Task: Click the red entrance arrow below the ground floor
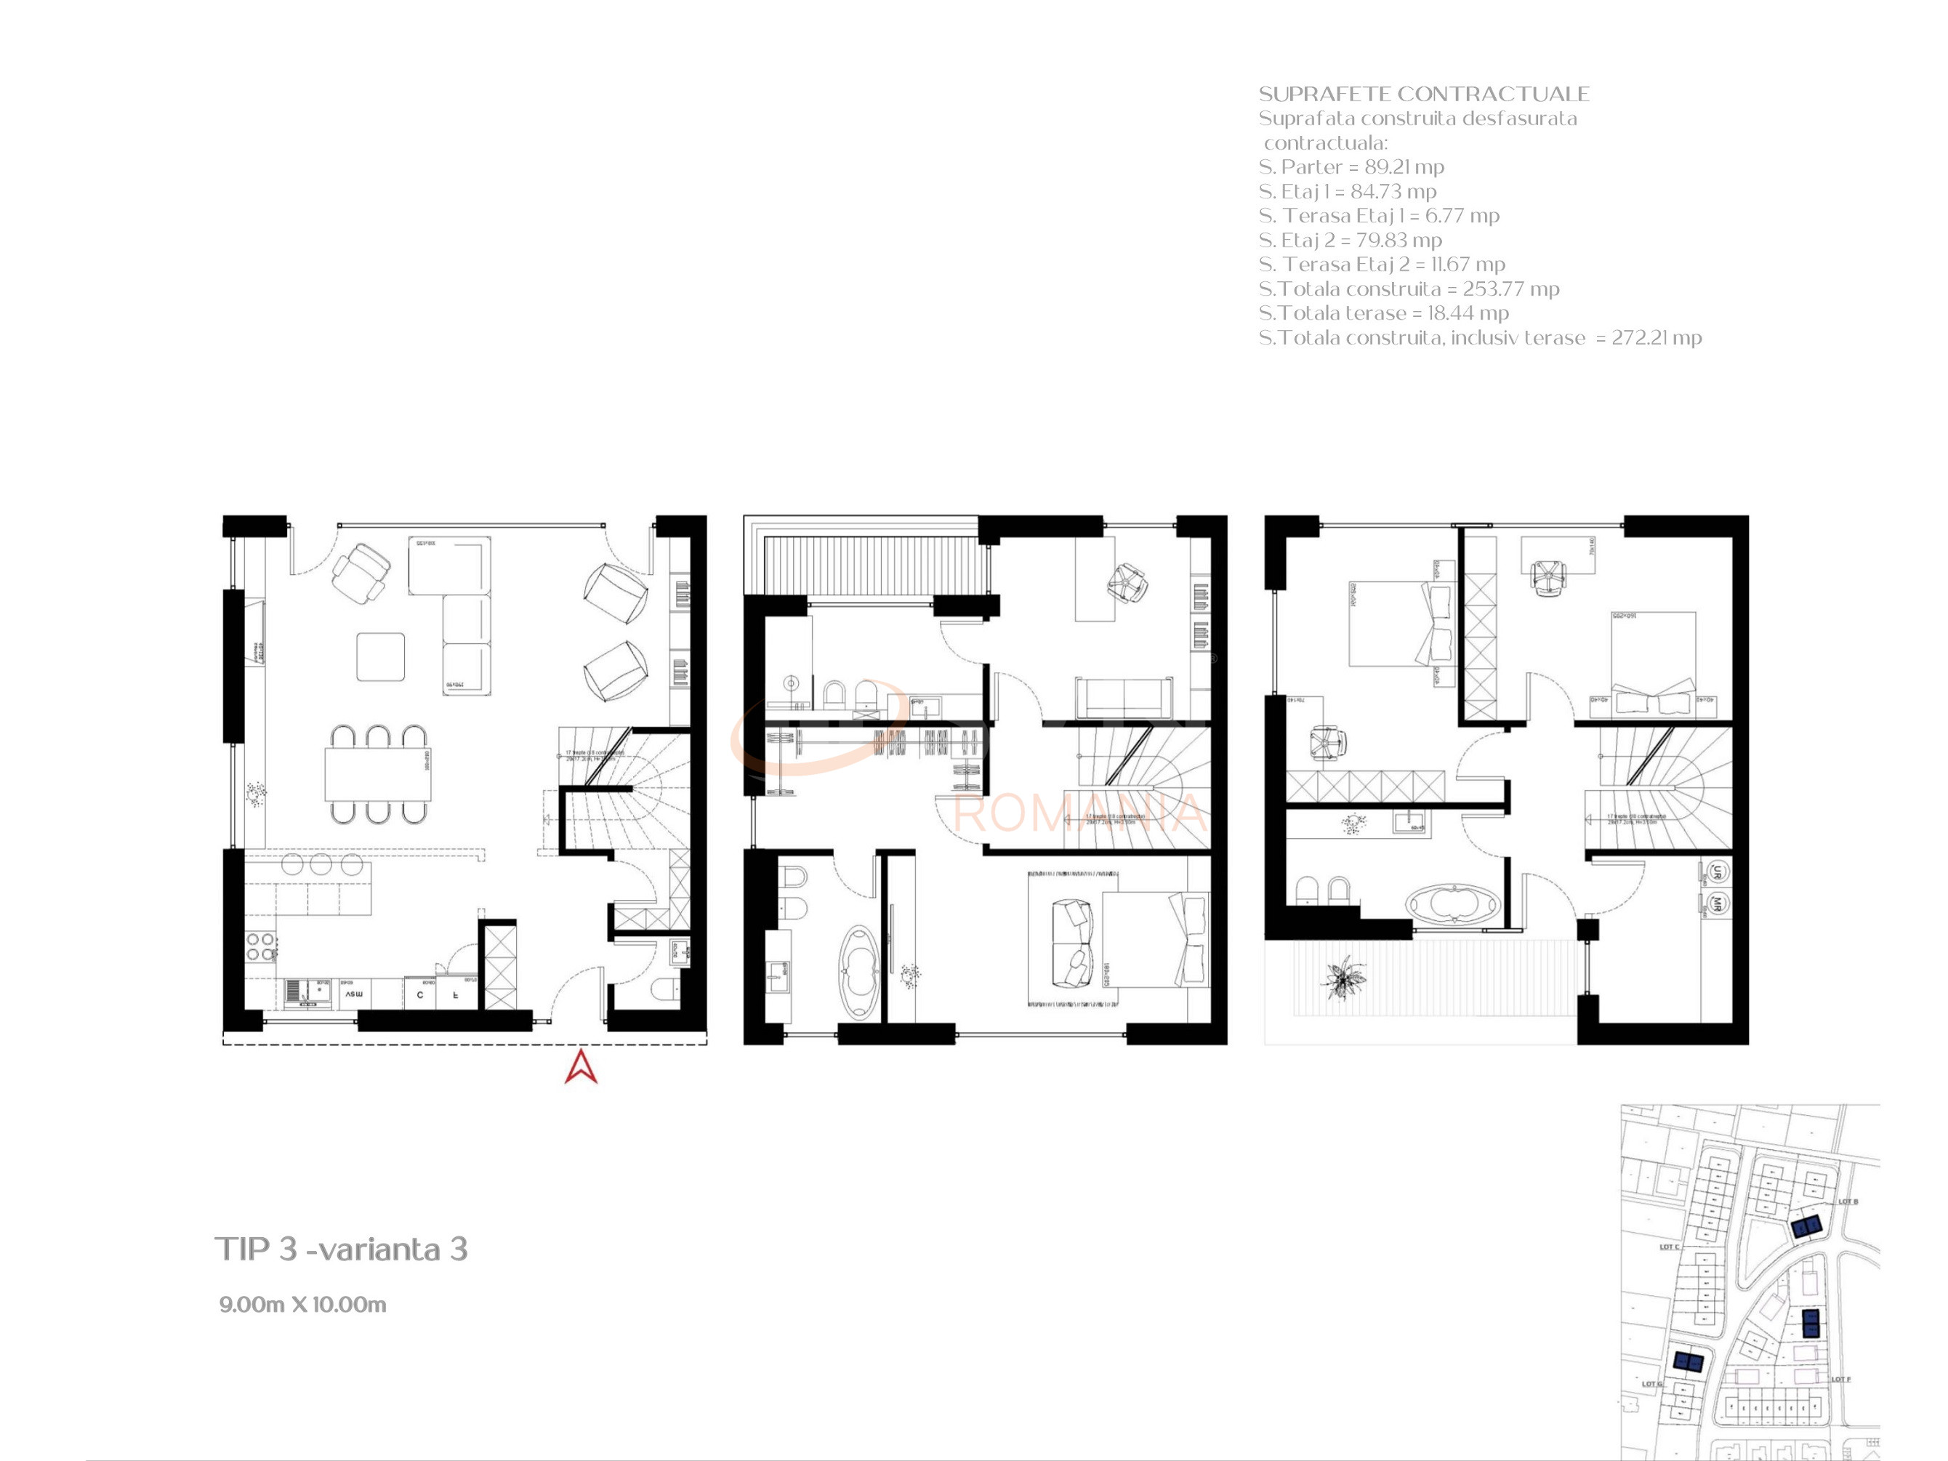[580, 1066]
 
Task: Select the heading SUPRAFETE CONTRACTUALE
[1423, 94]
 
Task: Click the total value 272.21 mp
[1656, 337]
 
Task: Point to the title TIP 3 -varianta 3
[341, 1249]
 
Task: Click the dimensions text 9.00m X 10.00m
[302, 1304]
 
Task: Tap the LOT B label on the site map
[1848, 1202]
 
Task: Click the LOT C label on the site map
[1669, 1247]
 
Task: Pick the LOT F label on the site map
[1840, 1379]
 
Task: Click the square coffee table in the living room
[380, 656]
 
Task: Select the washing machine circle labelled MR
[1716, 903]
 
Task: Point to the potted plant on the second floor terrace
[1344, 977]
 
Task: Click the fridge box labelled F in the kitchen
[455, 994]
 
